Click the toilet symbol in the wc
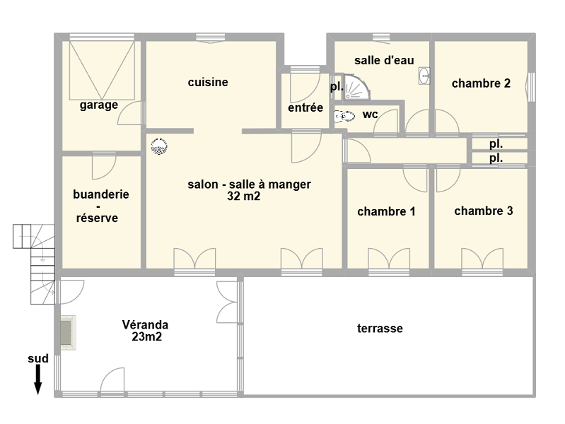tap(344, 116)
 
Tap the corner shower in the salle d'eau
tap(356, 87)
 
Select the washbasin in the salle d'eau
tap(424, 76)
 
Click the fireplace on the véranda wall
tap(68, 333)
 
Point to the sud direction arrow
tap(37, 379)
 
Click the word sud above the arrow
tap(38, 358)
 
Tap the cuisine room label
tap(208, 82)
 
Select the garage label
tap(99, 105)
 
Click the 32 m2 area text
tap(243, 196)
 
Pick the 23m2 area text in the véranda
tap(146, 336)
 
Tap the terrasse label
tap(380, 328)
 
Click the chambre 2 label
tap(481, 83)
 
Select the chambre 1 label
tap(386, 211)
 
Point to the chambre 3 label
tap(484, 211)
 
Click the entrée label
tap(305, 107)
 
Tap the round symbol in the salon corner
tap(159, 146)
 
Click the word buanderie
tap(101, 194)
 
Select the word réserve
tap(98, 218)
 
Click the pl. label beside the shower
tap(337, 87)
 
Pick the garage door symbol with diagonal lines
tap(102, 70)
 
